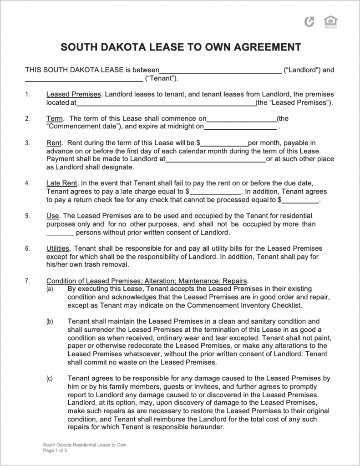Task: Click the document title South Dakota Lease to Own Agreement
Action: [x=181, y=47]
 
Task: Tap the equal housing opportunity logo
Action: [x=328, y=21]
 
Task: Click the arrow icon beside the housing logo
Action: [x=309, y=21]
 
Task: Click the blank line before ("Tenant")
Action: [x=83, y=79]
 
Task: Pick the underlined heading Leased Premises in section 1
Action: [x=73, y=94]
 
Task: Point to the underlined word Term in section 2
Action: [x=55, y=119]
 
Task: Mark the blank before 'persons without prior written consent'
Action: [x=60, y=233]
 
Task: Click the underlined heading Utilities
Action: [x=58, y=248]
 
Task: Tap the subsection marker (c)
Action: [x=49, y=378]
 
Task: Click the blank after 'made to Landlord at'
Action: [x=215, y=159]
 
